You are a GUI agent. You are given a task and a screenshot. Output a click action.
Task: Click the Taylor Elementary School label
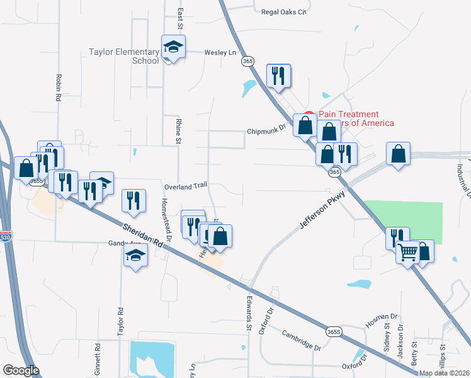(x=123, y=57)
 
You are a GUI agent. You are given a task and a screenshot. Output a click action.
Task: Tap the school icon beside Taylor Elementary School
(x=173, y=47)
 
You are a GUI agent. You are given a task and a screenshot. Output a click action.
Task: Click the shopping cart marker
(x=408, y=253)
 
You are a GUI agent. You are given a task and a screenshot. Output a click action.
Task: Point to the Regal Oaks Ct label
(x=283, y=12)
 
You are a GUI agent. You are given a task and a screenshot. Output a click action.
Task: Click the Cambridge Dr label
(x=301, y=340)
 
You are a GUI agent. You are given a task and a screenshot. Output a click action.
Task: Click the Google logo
(x=21, y=370)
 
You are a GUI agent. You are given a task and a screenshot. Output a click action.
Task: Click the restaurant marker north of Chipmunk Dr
(x=278, y=76)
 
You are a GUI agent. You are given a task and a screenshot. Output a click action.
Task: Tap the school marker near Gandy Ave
(x=135, y=255)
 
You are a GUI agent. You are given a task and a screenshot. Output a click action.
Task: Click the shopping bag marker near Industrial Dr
(x=399, y=154)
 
